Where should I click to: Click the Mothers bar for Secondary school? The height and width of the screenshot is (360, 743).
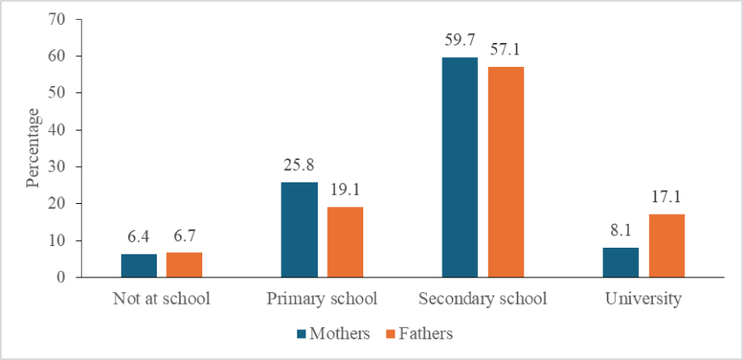coord(460,168)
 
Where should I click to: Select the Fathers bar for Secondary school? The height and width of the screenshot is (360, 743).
coord(505,172)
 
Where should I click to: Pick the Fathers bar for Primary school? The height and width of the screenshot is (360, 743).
coord(344,242)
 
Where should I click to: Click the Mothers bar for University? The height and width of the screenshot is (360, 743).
coord(620,263)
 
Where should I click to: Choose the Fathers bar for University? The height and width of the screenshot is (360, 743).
coord(666,246)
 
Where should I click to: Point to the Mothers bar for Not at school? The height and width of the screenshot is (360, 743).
coord(139,266)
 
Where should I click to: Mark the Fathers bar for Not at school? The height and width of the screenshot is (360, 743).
coord(184,265)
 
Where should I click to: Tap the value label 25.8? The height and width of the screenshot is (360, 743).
coord(299,167)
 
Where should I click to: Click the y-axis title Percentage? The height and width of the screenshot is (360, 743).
coord(33,147)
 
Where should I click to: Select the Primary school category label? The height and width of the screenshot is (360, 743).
coord(322,298)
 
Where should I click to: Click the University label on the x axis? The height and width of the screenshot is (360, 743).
coord(643,298)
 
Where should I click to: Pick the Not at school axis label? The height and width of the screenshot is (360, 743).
coord(162,298)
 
